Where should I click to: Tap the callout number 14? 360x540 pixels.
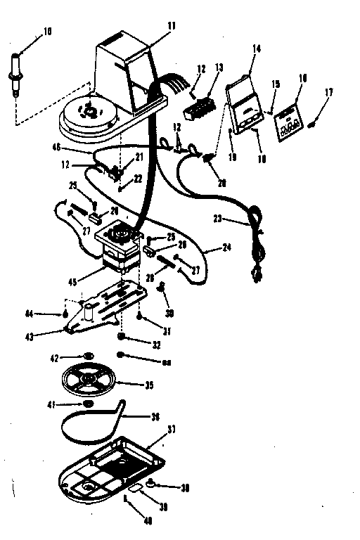point(255,49)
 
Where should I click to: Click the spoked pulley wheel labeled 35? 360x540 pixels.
point(87,380)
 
